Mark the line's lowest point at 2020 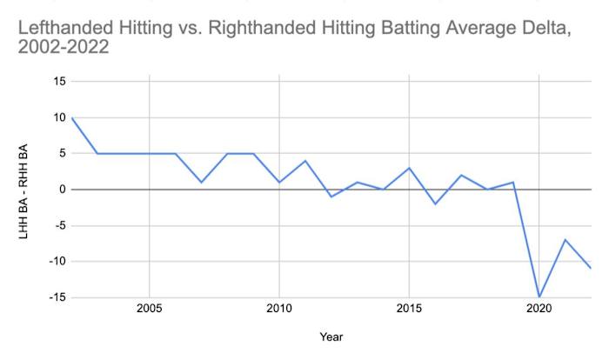click(540, 297)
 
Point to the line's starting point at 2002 click(71, 117)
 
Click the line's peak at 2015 click(410, 168)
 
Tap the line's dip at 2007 click(201, 182)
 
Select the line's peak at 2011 click(305, 161)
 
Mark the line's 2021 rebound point click(566, 240)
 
